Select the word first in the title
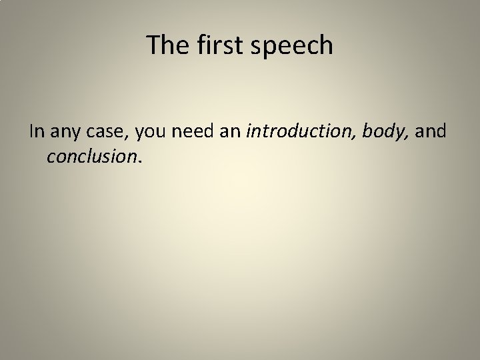(211, 45)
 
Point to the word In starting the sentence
(36, 132)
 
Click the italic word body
(383, 133)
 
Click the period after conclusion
(139, 160)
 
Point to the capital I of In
(31, 132)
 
